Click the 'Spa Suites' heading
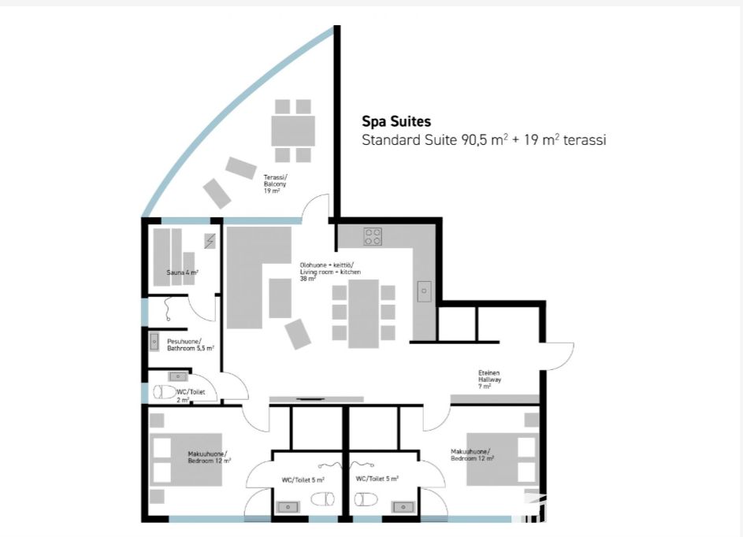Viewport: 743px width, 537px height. pyautogui.click(x=396, y=122)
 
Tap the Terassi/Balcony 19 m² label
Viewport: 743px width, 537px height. pyautogui.click(x=275, y=183)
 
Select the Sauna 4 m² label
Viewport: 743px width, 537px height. pyautogui.click(x=183, y=272)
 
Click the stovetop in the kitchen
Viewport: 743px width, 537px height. pyautogui.click(x=373, y=236)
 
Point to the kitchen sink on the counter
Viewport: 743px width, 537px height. pyautogui.click(x=424, y=291)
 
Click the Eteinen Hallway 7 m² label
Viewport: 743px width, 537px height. pyautogui.click(x=489, y=380)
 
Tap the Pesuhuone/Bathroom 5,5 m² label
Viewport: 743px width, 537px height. pyautogui.click(x=191, y=345)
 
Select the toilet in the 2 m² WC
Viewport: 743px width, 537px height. pyautogui.click(x=165, y=392)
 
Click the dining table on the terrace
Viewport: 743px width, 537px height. pyautogui.click(x=293, y=131)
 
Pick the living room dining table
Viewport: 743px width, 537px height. pyautogui.click(x=363, y=313)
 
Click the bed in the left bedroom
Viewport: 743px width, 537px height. pyautogui.click(x=186, y=459)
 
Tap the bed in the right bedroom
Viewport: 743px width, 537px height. pyautogui.click(x=503, y=459)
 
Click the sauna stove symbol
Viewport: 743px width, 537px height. pyautogui.click(x=210, y=241)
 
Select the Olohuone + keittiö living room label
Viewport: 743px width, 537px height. pyautogui.click(x=330, y=272)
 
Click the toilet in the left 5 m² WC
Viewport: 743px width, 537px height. pyautogui.click(x=323, y=498)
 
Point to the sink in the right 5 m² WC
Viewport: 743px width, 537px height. pyautogui.click(x=403, y=507)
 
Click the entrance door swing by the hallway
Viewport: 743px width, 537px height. pyautogui.click(x=559, y=356)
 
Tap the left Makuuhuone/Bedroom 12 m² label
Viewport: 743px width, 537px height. pyautogui.click(x=209, y=457)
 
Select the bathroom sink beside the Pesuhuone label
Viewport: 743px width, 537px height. pyautogui.click(x=154, y=342)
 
